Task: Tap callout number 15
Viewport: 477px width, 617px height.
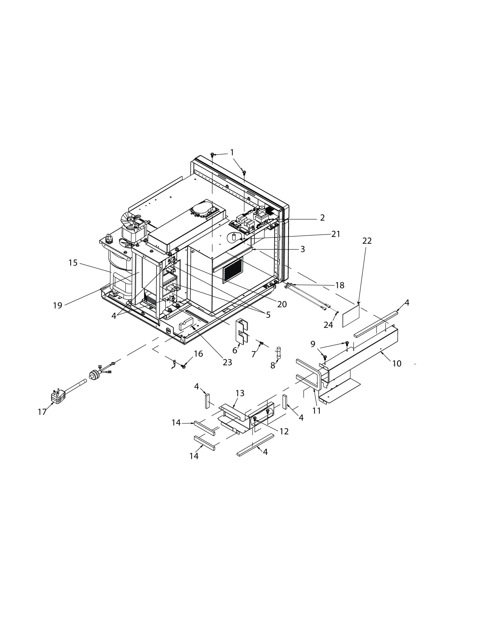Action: click(73, 263)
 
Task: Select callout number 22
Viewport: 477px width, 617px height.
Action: click(367, 241)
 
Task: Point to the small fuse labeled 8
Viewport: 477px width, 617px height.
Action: click(279, 353)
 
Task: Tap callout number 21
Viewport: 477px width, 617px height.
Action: click(336, 234)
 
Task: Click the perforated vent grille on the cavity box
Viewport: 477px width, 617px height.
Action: click(233, 270)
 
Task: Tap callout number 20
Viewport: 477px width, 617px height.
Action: click(282, 304)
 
